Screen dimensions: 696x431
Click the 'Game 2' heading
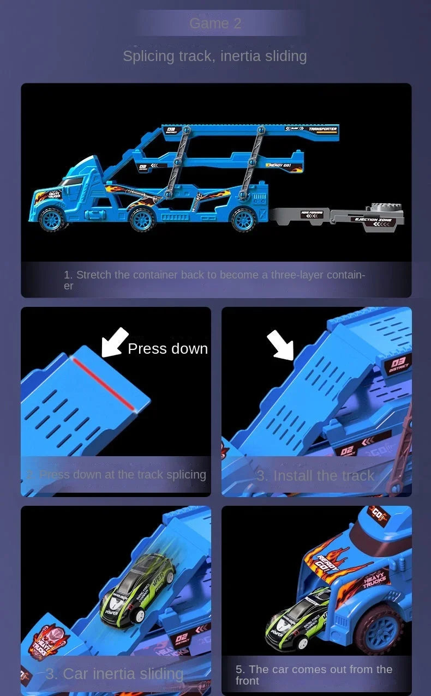215,23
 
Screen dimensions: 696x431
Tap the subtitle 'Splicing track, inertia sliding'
215,56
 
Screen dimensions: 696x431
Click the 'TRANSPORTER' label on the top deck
322,129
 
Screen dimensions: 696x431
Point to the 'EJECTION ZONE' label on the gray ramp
374,220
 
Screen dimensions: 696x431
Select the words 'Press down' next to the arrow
167,349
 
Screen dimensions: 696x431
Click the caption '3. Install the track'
315,476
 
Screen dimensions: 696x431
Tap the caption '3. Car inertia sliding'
115,674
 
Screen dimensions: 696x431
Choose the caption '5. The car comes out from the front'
314,675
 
